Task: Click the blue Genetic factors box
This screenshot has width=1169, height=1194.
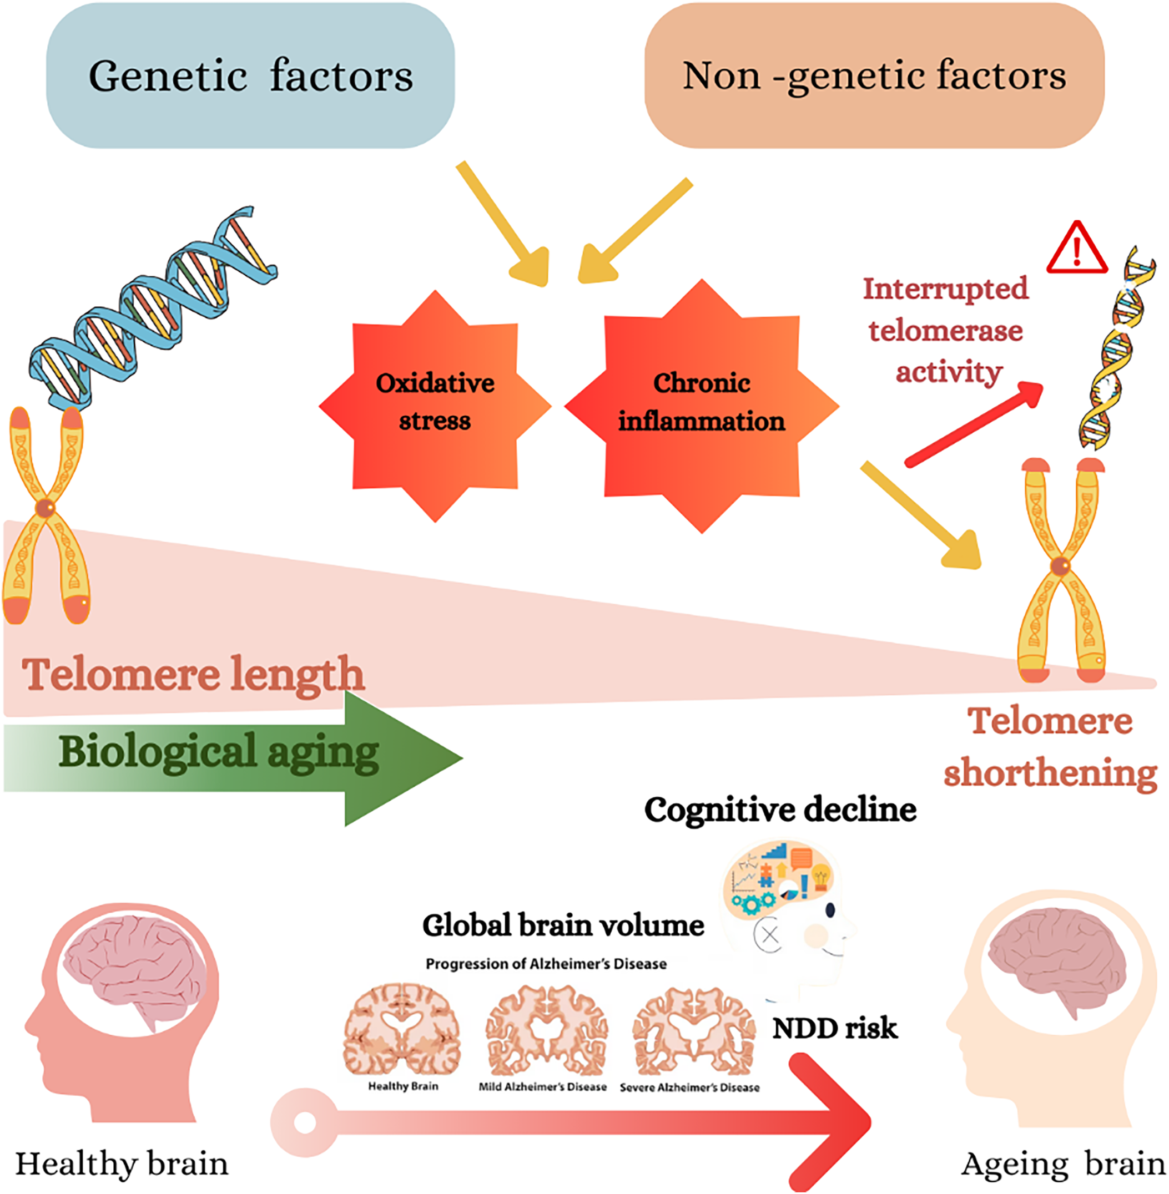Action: point(250,75)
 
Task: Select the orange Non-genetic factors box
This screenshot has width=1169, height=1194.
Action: point(874,75)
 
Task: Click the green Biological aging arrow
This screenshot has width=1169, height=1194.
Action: point(233,758)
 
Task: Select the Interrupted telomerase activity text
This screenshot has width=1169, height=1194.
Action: point(946,331)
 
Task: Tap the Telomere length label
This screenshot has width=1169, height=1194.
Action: point(193,675)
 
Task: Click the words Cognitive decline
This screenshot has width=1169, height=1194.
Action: point(780,810)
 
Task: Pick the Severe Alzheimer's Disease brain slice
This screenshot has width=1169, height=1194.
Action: point(694,1031)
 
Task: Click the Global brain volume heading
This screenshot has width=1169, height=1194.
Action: point(563,925)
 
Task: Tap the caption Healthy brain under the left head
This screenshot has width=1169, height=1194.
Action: point(122,1163)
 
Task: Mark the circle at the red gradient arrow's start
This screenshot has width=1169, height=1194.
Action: point(305,1122)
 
